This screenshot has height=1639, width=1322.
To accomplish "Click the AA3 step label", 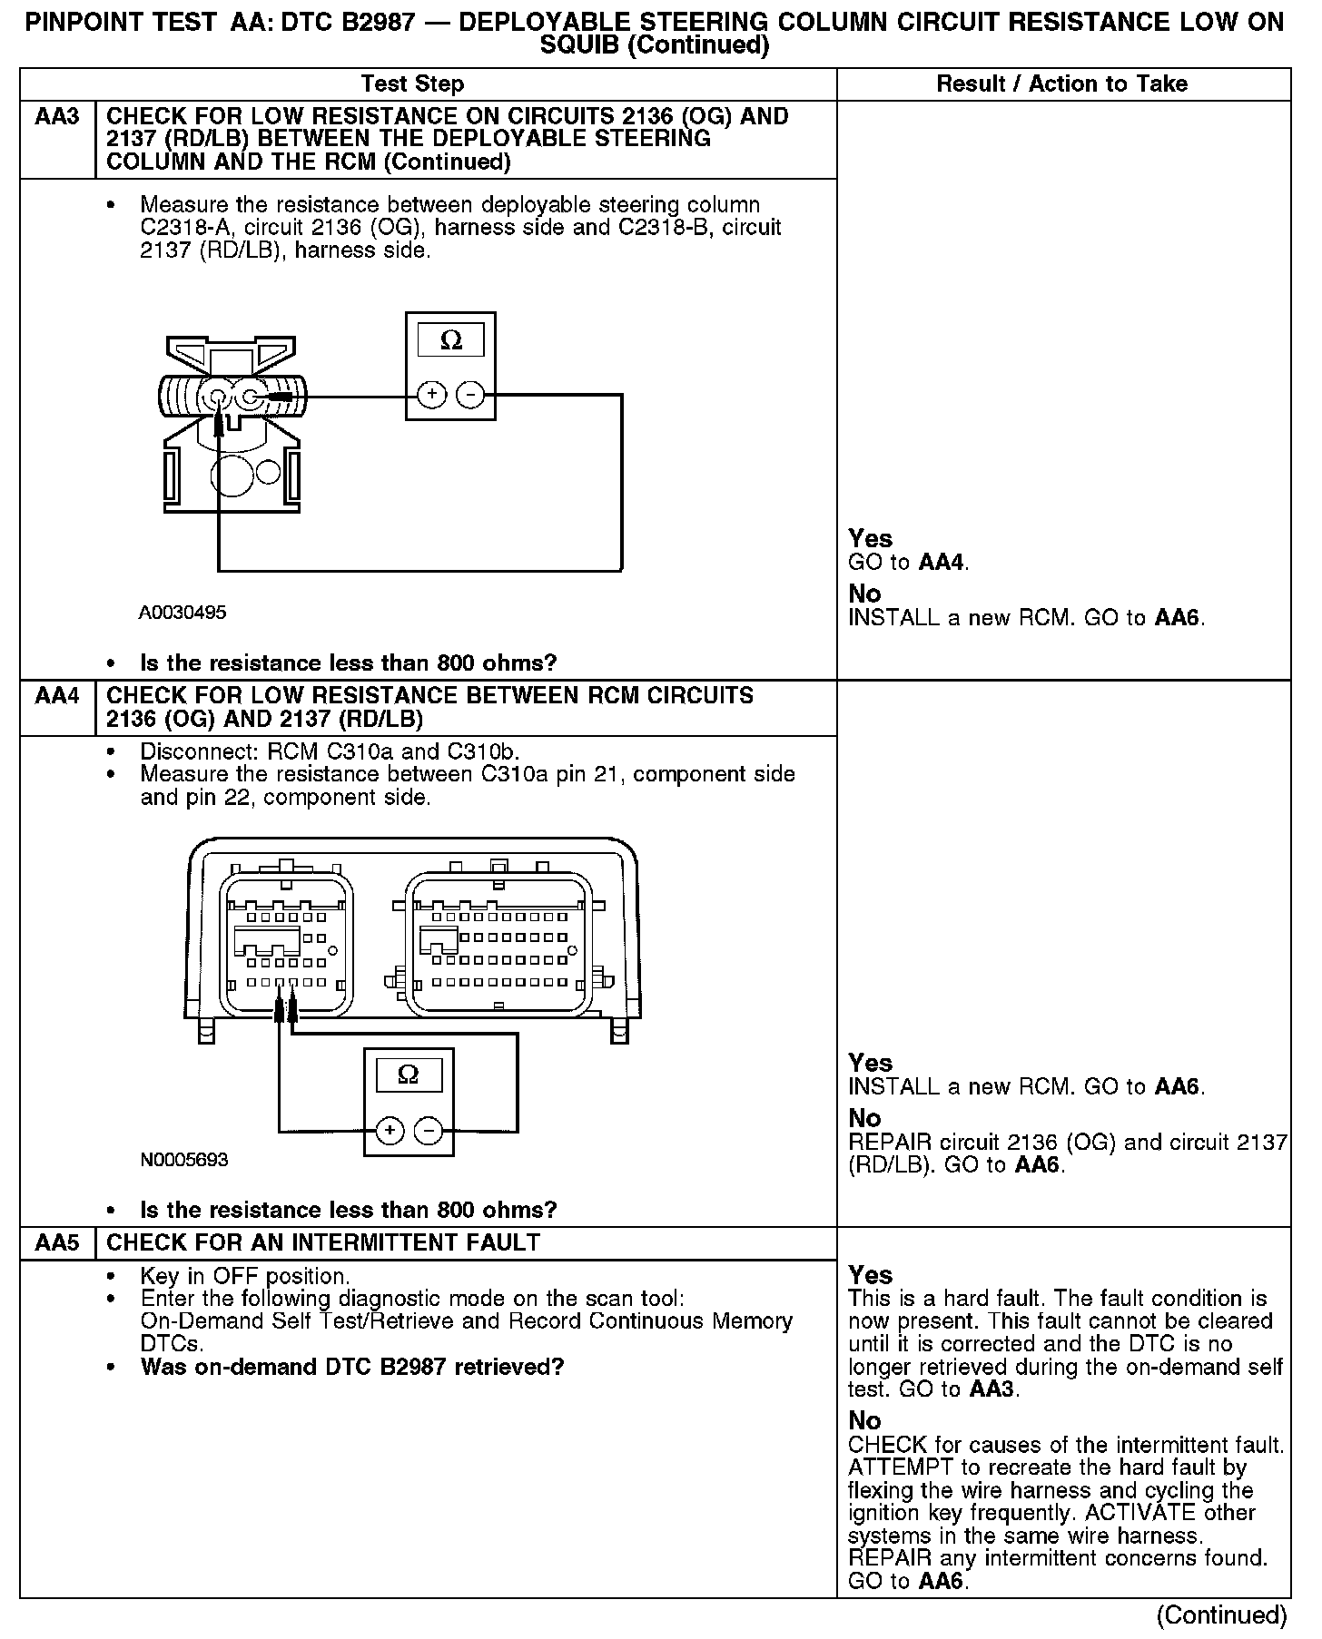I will point(57,116).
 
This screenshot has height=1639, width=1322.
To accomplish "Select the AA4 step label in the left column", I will point(57,696).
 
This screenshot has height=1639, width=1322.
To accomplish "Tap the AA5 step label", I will point(57,1242).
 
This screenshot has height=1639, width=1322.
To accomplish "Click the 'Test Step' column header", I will point(412,84).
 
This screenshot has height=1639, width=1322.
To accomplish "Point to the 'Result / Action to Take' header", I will point(1061,84).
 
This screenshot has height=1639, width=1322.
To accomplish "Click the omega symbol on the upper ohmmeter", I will point(450,340).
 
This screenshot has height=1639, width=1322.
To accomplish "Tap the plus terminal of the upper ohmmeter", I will point(431,395).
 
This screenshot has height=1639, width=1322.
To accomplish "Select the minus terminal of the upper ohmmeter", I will point(469,395).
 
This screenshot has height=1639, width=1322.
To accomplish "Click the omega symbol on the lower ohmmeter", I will point(409,1075).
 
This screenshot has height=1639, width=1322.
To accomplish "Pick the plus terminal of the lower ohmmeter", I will point(390,1130).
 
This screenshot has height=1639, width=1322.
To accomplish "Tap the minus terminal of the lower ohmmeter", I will point(428,1130).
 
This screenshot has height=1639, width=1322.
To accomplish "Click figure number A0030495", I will point(183,613).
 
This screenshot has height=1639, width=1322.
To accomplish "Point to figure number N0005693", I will point(184,1160).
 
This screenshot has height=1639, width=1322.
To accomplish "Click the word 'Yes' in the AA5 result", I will point(870,1275).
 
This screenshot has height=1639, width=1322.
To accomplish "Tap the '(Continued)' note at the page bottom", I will point(1221,1615).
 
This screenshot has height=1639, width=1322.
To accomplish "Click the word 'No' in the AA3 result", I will point(864,594).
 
